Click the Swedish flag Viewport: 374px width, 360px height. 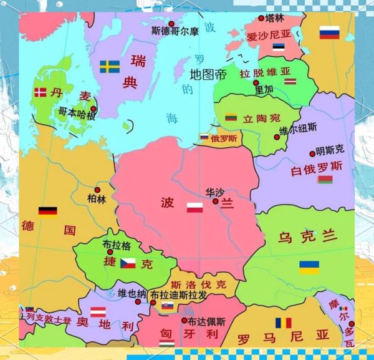[x=110, y=66]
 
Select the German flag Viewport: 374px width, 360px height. [x=47, y=212]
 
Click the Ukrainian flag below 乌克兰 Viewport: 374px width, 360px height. [x=309, y=267]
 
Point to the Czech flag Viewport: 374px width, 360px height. [x=128, y=263]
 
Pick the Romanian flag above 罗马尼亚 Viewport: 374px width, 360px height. [x=284, y=323]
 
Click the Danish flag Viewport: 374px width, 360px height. [x=40, y=92]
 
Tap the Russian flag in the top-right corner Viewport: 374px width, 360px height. [x=328, y=32]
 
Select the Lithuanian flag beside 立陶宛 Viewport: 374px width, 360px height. [x=231, y=117]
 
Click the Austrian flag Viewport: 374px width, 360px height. [x=98, y=312]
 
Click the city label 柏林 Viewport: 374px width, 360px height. [x=97, y=199]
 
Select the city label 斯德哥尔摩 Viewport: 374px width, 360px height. [x=175, y=30]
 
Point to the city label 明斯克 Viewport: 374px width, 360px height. [x=330, y=150]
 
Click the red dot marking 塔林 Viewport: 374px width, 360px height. [x=261, y=19]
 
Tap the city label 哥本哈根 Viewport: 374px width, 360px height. [x=77, y=114]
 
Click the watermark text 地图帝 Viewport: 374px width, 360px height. [x=208, y=75]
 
